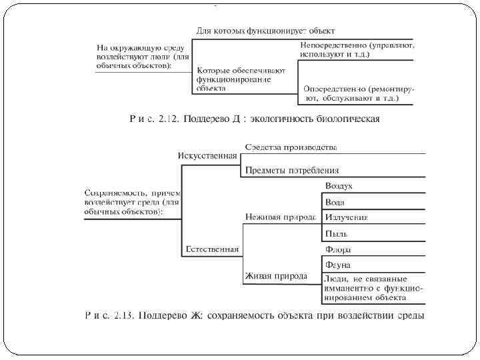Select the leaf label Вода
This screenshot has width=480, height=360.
(335, 201)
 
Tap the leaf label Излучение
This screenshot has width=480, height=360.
(346, 217)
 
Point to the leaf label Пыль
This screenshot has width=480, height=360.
(336, 233)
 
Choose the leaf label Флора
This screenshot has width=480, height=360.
(338, 250)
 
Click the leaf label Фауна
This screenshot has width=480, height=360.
(338, 265)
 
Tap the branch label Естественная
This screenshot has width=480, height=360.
(211, 250)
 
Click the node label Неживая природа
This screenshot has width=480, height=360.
(280, 217)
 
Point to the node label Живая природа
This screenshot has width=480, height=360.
(276, 275)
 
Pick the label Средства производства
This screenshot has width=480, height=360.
(291, 147)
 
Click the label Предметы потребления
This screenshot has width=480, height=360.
(292, 170)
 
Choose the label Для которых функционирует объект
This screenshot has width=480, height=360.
(265, 31)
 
